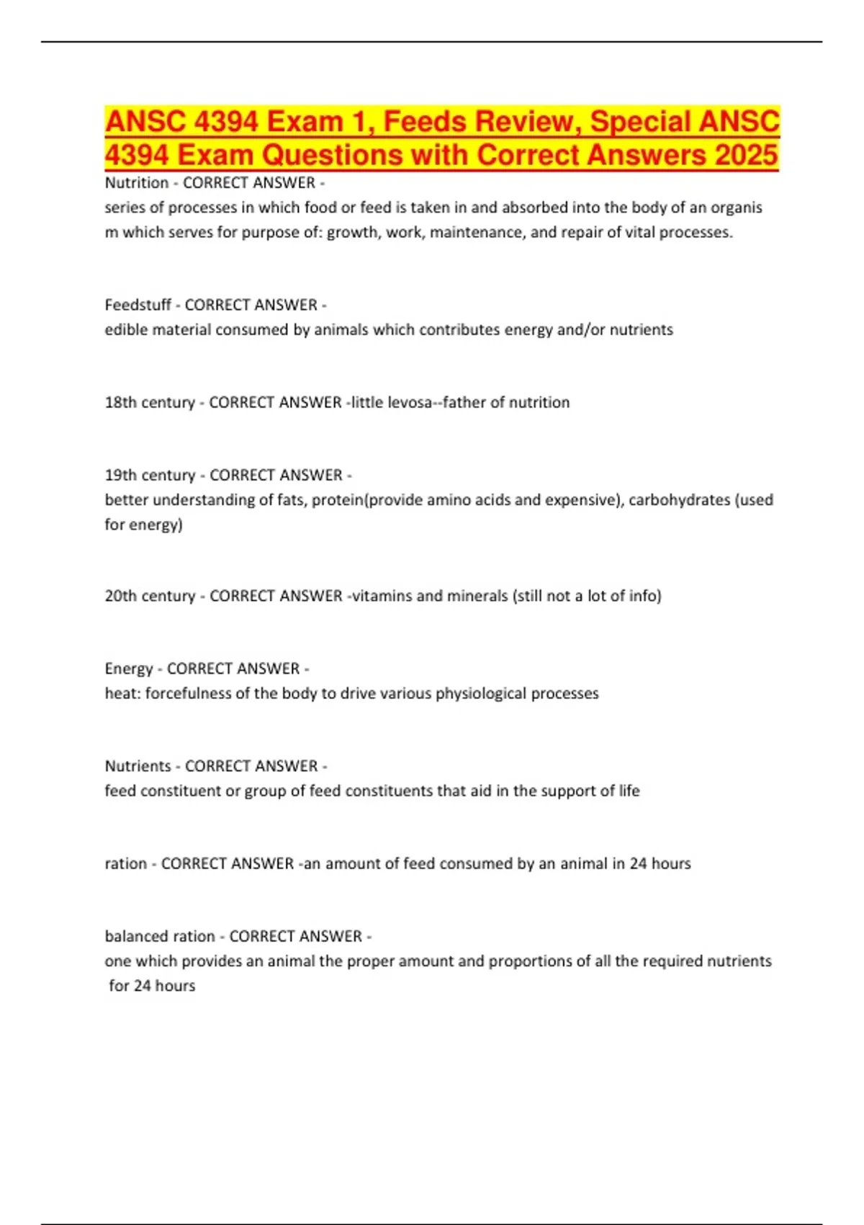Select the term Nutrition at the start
click(137, 183)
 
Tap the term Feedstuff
click(138, 305)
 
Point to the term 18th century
click(150, 402)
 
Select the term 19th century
click(150, 475)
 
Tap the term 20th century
click(150, 596)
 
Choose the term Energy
click(129, 669)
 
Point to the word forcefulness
click(189, 693)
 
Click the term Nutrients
click(139, 766)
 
